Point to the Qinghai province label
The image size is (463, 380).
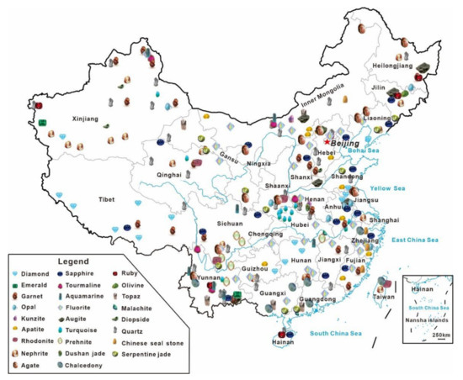pyautogui.click(x=168, y=174)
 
